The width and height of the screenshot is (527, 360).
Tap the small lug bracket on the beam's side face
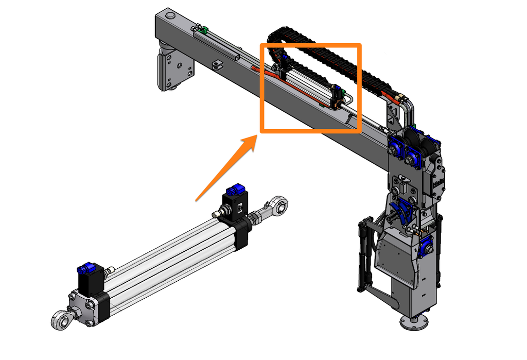click(218, 64)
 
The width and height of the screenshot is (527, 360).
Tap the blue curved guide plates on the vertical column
click(401, 211)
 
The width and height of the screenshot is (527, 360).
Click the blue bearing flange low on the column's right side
click(427, 246)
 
